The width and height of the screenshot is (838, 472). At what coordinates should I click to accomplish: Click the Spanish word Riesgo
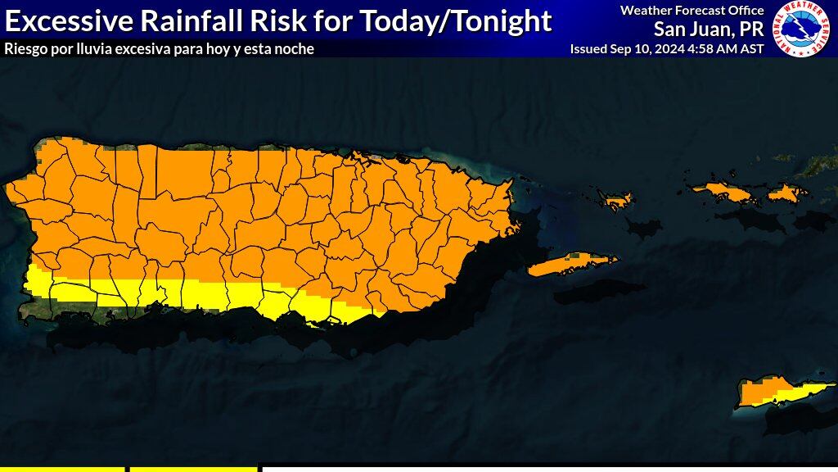pos(25,49)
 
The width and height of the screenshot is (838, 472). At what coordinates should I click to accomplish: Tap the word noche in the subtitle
pos(296,49)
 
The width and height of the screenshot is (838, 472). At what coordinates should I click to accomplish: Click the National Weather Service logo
pos(802,29)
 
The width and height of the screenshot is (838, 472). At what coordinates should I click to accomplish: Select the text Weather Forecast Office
pos(692,11)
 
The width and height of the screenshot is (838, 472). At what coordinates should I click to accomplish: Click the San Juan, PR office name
pos(708,29)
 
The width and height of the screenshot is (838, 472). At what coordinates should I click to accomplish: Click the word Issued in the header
pos(588,49)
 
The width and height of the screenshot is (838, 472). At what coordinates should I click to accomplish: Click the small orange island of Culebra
pos(618,199)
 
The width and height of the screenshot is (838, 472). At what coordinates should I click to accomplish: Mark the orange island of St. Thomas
pos(724,192)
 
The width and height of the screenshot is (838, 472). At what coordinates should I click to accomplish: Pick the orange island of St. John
pos(788,193)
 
